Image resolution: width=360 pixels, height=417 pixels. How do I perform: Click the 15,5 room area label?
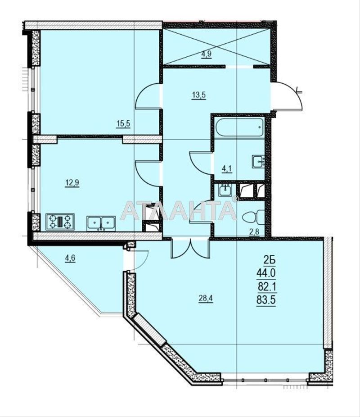(x=123, y=124)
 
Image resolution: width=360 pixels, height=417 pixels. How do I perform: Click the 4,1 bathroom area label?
(x=227, y=169)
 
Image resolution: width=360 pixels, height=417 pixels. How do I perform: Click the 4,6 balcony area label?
(x=70, y=258)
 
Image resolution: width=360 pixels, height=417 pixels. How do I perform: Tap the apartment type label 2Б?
(x=269, y=260)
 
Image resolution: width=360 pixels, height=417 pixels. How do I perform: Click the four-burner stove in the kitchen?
(x=59, y=222)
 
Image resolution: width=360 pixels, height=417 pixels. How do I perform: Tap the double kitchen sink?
(x=101, y=222)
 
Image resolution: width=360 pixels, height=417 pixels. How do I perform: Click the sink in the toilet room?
(x=225, y=190)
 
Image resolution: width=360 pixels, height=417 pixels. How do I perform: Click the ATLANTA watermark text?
(x=179, y=210)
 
